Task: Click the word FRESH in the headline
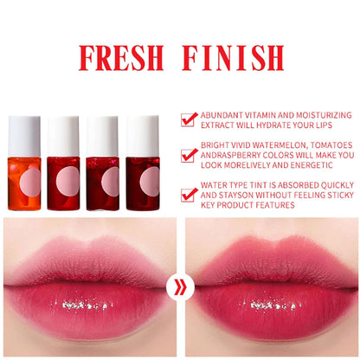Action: pos(121,58)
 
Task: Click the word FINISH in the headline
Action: pos(233,58)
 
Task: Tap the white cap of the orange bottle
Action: pos(24,136)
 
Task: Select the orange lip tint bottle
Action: pos(24,163)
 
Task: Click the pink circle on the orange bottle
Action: pos(30,183)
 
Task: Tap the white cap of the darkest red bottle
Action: pos(143,136)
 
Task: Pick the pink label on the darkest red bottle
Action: pos(150,182)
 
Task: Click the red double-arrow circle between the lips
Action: pos(180,287)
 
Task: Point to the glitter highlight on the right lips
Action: pos(271,305)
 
